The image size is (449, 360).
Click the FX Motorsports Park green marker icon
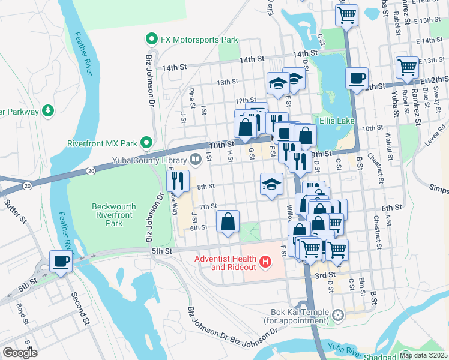[x=152, y=40]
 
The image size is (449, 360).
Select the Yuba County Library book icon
[x=196, y=160]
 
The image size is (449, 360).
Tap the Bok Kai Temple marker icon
[x=339, y=314]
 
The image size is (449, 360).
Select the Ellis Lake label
[x=339, y=121]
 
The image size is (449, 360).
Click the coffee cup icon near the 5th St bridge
[x=61, y=261]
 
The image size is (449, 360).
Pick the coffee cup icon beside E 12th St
[x=357, y=78]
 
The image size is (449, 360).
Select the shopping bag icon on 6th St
[x=228, y=221]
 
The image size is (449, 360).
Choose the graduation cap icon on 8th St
[x=271, y=184]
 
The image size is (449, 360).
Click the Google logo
[x=20, y=353]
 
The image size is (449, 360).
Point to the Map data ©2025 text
[x=423, y=355]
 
